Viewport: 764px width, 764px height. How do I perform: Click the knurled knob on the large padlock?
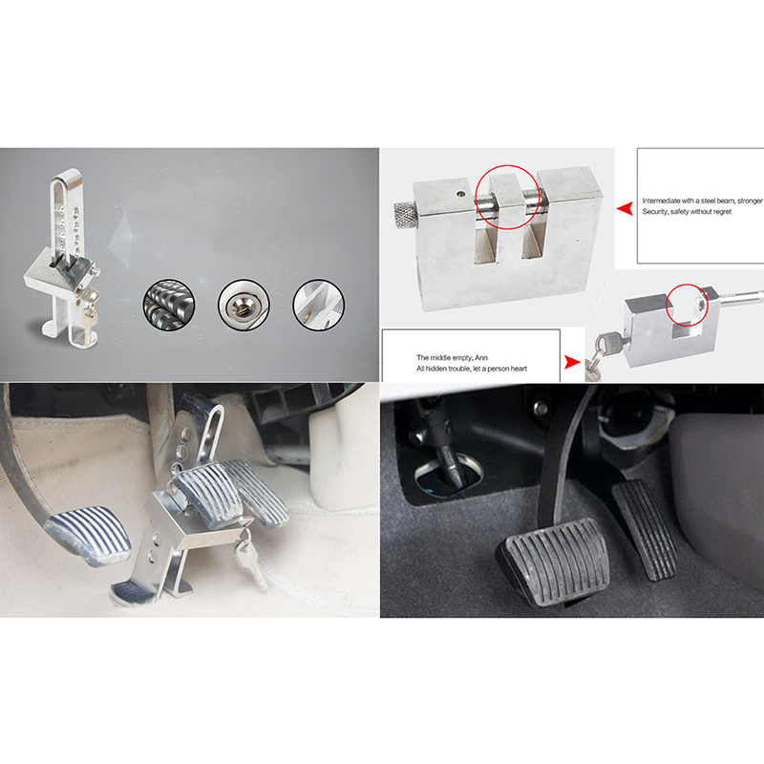[405, 216]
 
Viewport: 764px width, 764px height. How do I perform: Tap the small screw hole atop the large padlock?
[460, 194]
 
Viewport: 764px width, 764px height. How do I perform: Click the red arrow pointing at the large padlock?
[625, 209]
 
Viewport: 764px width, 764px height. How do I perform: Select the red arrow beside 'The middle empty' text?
[572, 362]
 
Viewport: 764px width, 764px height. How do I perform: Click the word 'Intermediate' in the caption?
[661, 201]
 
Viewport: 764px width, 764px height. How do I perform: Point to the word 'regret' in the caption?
[721, 211]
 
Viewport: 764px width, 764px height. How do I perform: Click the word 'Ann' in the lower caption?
[481, 357]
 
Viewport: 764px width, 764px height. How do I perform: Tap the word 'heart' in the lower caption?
[518, 369]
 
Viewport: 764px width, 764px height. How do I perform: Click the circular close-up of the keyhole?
[244, 305]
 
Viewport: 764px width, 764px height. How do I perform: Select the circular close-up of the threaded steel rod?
[169, 305]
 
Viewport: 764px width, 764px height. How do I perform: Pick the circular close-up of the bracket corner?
[319, 305]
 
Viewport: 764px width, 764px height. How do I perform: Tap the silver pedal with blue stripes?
[89, 535]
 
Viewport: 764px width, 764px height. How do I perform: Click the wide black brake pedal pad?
[553, 561]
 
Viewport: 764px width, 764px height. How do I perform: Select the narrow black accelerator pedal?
[644, 530]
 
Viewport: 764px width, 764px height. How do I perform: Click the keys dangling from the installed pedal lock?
[250, 558]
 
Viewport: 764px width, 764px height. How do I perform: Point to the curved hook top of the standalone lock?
[68, 177]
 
